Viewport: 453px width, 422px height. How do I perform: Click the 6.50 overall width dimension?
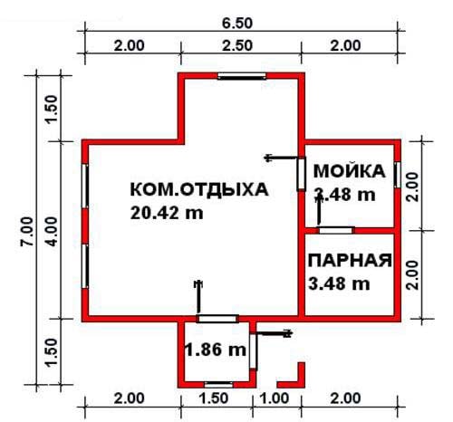pyautogui.click(x=237, y=24)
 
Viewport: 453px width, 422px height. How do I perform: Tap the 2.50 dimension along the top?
pyautogui.click(x=237, y=45)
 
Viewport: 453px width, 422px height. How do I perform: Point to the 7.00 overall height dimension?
pyautogui.click(x=26, y=232)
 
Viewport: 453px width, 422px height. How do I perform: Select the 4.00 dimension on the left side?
pyautogui.click(x=52, y=232)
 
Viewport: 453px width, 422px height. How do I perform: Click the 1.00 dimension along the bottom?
pyautogui.click(x=275, y=398)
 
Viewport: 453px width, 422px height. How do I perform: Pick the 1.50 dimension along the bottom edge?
pyautogui.click(x=214, y=398)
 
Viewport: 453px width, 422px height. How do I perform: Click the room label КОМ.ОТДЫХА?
pyautogui.click(x=199, y=190)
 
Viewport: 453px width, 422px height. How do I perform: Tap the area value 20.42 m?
pyautogui.click(x=167, y=213)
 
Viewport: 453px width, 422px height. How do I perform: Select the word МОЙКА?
pyautogui.click(x=350, y=171)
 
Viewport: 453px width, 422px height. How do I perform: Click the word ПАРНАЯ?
pyautogui.click(x=350, y=261)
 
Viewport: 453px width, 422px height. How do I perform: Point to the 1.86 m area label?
pyautogui.click(x=215, y=350)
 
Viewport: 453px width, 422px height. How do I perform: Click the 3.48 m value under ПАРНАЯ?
pyautogui.click(x=339, y=283)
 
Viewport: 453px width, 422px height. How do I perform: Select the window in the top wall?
pyautogui.click(x=242, y=76)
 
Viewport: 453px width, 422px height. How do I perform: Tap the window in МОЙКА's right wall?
pyautogui.click(x=398, y=175)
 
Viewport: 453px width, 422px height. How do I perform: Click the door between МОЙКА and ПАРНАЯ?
pyautogui.click(x=336, y=230)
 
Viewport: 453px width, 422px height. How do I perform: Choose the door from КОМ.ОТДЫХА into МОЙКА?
pyautogui.click(x=302, y=174)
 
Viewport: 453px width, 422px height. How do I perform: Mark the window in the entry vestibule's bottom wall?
pyautogui.click(x=218, y=385)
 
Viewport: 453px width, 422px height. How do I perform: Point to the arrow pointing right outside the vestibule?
pyautogui.click(x=275, y=333)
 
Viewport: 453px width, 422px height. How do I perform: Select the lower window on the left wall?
pyautogui.click(x=85, y=266)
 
